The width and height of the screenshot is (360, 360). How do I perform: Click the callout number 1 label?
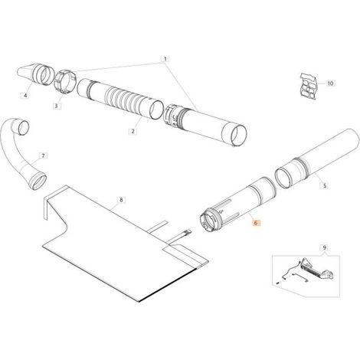pos(165,59)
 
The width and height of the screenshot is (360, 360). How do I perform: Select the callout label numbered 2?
pos(133,131)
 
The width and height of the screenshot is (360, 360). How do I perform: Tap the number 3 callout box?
pos(57,106)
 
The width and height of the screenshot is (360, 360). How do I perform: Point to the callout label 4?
pos(25,96)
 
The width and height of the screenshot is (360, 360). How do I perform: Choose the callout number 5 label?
pos(325,185)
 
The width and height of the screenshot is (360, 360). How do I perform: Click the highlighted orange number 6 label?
pos(256,223)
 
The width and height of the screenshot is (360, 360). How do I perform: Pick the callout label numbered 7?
pos(43,155)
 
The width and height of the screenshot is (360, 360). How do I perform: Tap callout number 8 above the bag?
pos(121,200)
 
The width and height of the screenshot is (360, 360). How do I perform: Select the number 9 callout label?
pos(325,247)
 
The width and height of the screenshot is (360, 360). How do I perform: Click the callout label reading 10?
pos(330,83)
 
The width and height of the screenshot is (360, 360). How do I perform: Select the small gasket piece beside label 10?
pos(309,86)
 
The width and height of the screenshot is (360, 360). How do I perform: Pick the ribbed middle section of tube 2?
pos(125,100)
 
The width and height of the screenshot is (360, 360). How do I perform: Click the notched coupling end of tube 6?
pos(210,221)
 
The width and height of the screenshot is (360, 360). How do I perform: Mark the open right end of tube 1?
pos(235,135)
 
